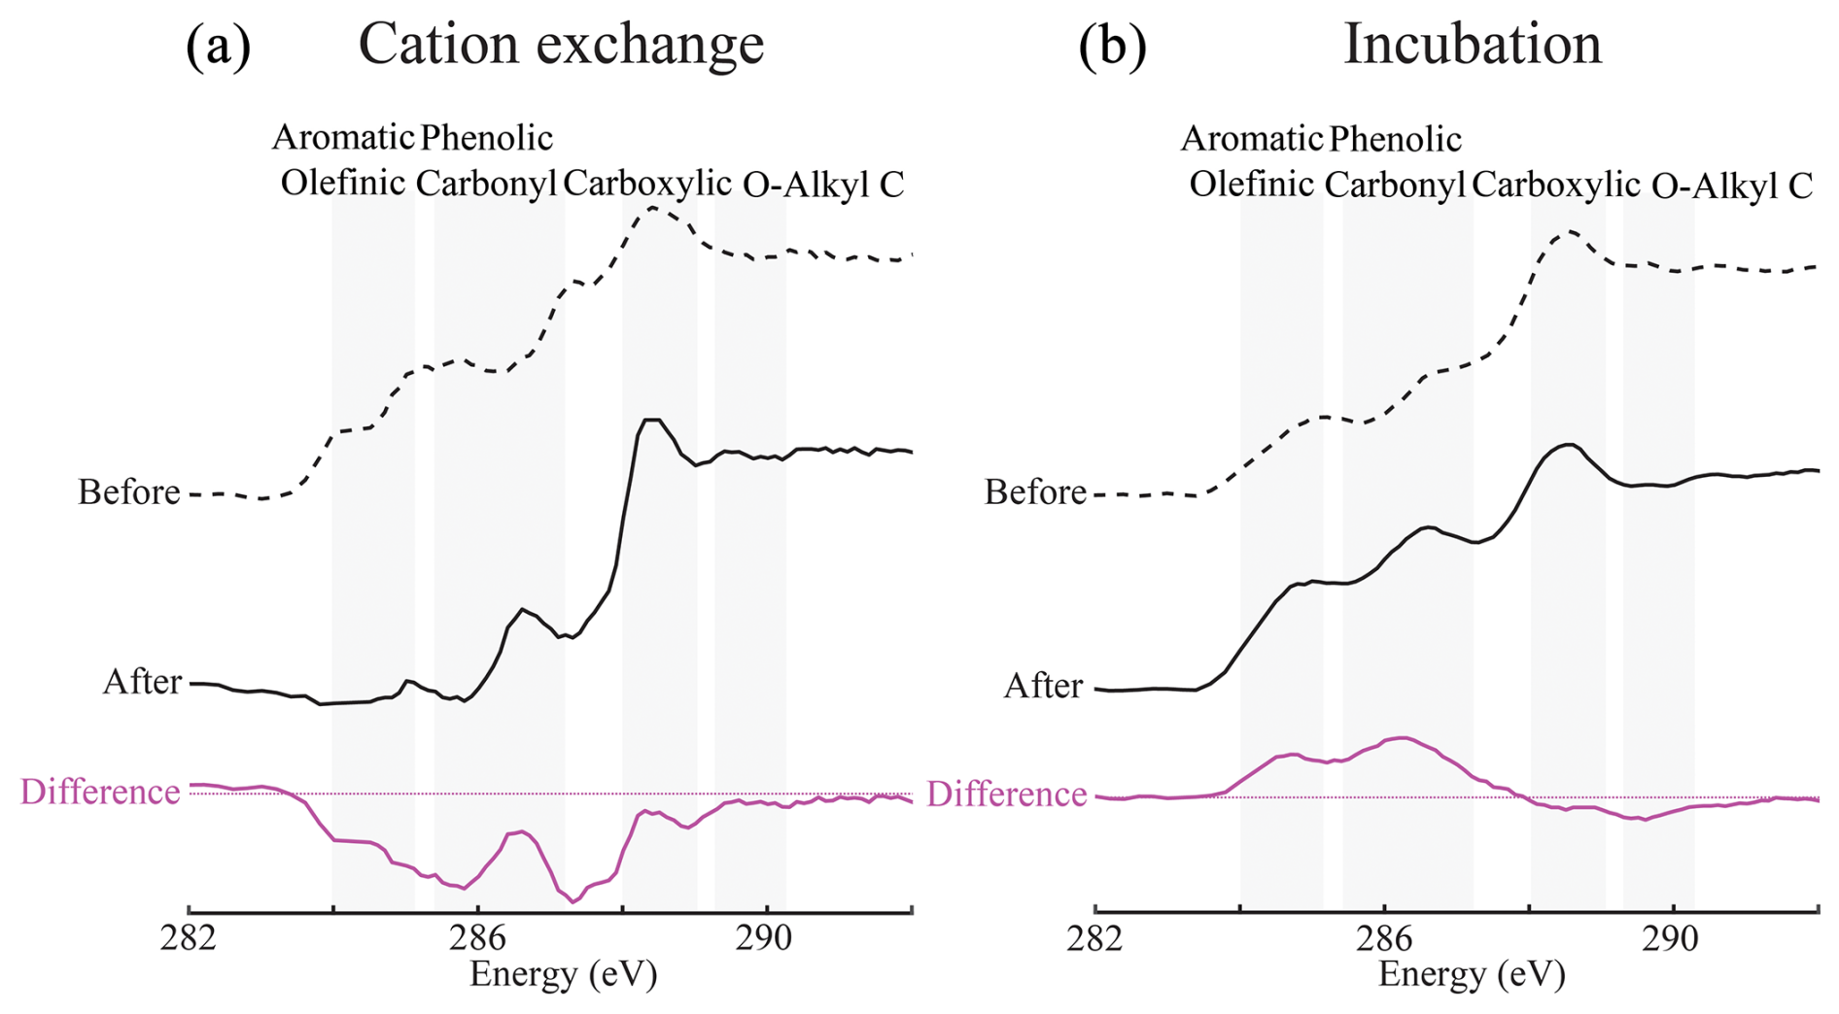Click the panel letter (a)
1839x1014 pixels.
[x=218, y=46]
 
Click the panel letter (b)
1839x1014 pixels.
[x=1112, y=46]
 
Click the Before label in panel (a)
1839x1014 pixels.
[x=128, y=492]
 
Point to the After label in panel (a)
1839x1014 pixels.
[x=142, y=682]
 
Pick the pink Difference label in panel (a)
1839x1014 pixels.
[x=100, y=792]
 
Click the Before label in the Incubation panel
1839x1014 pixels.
[x=1034, y=492]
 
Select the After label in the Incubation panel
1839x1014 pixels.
[x=1043, y=686]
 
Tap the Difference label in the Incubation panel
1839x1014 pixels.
[x=1006, y=794]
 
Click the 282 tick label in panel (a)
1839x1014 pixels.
[x=189, y=939]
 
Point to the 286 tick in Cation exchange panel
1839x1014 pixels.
[x=477, y=939]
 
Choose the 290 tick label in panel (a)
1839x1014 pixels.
[x=766, y=939]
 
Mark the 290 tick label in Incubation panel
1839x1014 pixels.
[x=1673, y=939]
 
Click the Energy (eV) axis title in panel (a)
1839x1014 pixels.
[x=563, y=973]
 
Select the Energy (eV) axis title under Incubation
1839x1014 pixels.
[x=1472, y=973]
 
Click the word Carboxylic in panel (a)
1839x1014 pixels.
[x=646, y=183]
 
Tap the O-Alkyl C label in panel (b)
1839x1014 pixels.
[x=1731, y=185]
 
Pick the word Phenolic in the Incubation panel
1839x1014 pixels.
[x=1395, y=139]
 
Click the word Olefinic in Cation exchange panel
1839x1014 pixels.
[x=342, y=183]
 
